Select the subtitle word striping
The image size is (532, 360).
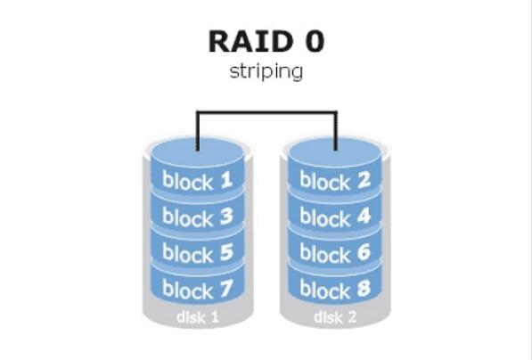tap(266, 71)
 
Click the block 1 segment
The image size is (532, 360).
tap(198, 181)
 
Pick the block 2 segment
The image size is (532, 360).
tap(336, 181)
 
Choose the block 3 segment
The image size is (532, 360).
tap(198, 217)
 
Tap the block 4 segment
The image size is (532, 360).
tap(336, 217)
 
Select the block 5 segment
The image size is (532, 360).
tap(198, 254)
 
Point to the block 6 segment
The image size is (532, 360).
tap(336, 254)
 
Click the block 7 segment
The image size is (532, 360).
tap(198, 290)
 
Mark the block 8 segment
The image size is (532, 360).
tap(336, 290)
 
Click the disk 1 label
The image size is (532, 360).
tap(197, 317)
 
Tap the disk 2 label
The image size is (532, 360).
tap(335, 317)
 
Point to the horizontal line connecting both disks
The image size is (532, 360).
tap(266, 112)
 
